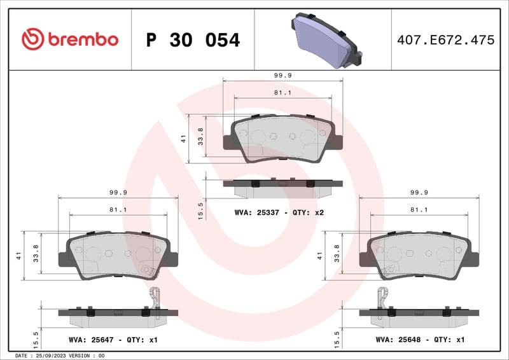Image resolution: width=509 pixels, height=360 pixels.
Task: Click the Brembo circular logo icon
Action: coord(32,39)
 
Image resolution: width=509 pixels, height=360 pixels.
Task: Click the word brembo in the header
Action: coord(82,39)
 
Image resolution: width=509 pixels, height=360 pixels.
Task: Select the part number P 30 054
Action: coord(193,40)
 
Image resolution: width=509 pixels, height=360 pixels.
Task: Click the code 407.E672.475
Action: coord(445,40)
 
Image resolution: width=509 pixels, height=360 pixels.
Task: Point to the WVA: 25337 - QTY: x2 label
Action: coord(279,212)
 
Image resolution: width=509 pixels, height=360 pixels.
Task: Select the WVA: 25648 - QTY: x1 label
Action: coord(421,340)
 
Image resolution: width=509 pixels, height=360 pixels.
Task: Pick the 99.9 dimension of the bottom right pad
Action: coord(419,192)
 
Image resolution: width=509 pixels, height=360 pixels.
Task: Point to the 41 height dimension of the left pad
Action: coord(20,256)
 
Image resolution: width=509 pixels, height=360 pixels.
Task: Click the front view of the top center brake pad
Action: coord(282,139)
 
